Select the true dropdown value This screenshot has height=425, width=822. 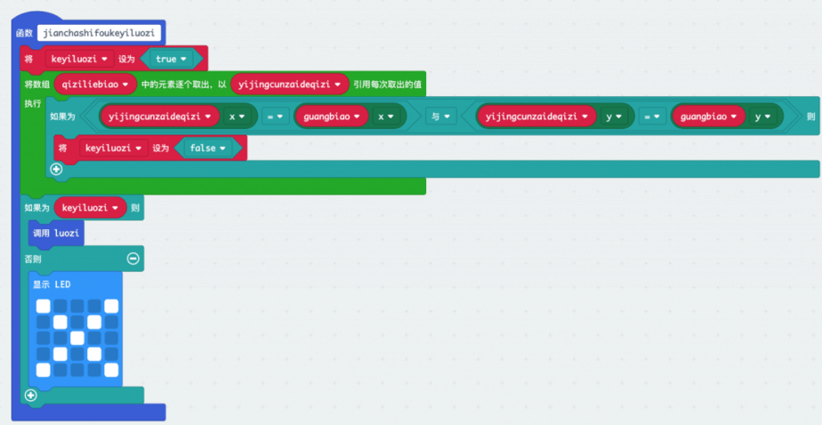click(171, 59)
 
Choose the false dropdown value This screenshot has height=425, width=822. click(208, 148)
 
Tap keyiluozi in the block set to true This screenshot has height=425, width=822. click(78, 59)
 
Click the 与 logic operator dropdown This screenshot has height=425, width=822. click(439, 116)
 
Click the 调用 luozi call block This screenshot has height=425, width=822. click(56, 233)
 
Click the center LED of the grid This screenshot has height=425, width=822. click(77, 338)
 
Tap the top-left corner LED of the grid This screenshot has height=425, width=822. click(43, 306)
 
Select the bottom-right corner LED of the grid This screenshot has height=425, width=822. click(110, 370)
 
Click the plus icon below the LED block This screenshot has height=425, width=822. click(31, 396)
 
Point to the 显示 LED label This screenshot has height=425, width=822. click(52, 285)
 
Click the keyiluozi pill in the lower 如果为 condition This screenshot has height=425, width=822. click(89, 208)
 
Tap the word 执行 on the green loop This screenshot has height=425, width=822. click(33, 103)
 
